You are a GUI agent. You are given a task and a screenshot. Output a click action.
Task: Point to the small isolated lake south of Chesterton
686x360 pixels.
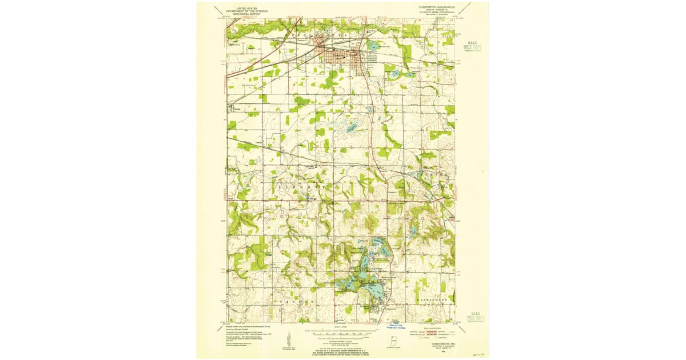point(351,127)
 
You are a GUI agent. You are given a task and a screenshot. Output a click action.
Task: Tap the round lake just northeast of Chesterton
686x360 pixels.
point(374,45)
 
